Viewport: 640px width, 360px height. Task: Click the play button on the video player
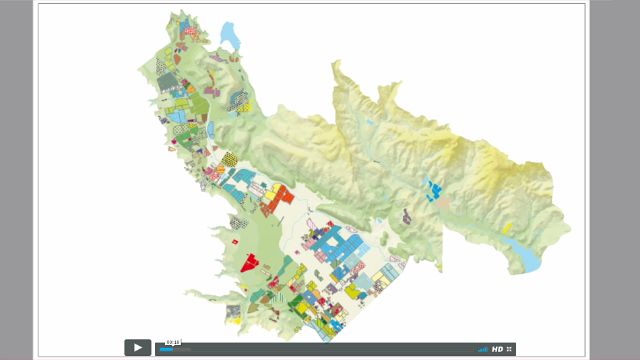[x=137, y=348]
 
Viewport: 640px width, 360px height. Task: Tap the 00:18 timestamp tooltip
[x=173, y=342]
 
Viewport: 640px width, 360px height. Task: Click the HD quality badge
[x=497, y=349]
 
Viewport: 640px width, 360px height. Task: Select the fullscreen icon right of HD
[x=509, y=349]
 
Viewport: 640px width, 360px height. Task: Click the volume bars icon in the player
[x=483, y=349]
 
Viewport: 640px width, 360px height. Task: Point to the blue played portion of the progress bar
[x=166, y=349]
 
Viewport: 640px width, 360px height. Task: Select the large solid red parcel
[x=251, y=262]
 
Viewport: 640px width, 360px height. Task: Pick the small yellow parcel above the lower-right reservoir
[x=507, y=228]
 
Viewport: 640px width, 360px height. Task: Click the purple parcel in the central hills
[x=407, y=216]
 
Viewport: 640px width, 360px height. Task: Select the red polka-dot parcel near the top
[x=190, y=30]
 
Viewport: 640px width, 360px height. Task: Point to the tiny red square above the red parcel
[x=234, y=241]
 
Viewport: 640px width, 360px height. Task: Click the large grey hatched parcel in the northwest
[x=166, y=82]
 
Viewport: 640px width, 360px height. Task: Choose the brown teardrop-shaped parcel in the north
[x=177, y=59]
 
